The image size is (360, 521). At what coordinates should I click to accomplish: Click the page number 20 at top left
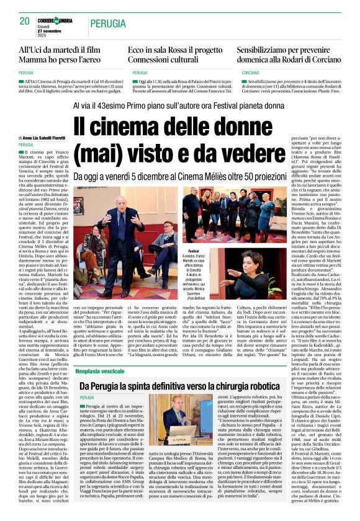coord(24,21)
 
